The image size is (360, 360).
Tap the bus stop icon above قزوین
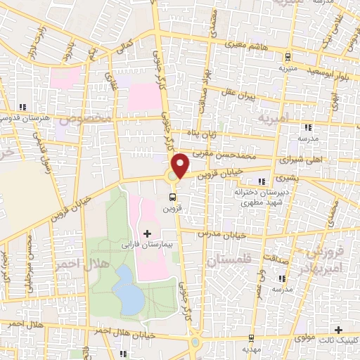click(173, 198)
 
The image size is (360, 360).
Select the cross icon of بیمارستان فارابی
click(146, 233)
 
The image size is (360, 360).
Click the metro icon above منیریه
click(288, 58)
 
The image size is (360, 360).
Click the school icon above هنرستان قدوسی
click(23, 107)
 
